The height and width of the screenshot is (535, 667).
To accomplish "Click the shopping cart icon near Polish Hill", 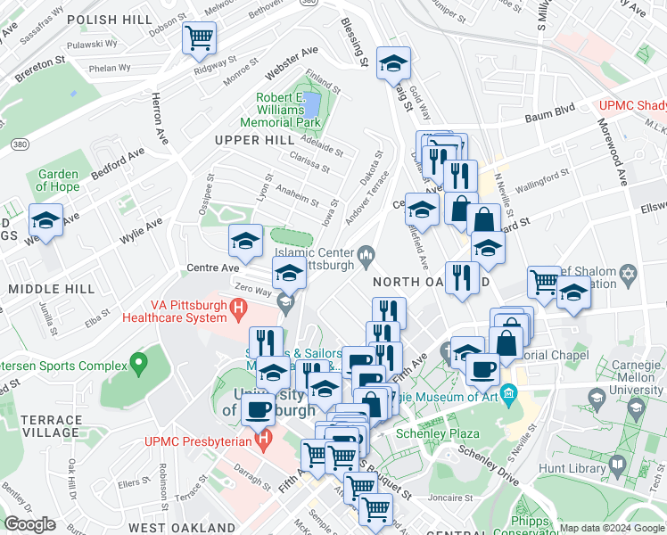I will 199,38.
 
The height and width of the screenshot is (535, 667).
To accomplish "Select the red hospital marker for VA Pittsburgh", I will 238,309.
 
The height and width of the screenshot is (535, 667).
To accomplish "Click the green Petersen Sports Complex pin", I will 137,363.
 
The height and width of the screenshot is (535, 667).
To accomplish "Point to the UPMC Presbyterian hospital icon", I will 262,440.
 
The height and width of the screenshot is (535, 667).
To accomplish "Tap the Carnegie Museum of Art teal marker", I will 508,392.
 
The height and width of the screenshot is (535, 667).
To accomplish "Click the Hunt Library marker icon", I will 617,465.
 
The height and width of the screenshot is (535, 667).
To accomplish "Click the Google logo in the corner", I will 29,524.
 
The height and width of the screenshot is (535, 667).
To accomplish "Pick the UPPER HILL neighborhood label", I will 248,141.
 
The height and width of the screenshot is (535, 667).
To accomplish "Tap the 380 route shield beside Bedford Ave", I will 17,143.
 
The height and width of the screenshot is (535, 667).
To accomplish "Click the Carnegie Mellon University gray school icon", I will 636,409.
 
